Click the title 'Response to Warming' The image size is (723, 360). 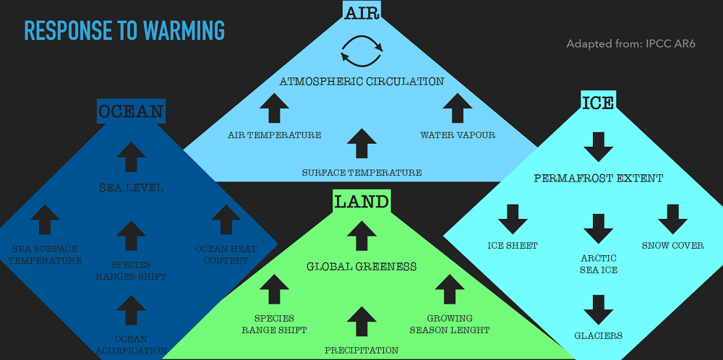[124, 30]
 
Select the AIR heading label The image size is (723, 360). [361, 12]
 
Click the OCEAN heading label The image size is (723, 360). [131, 111]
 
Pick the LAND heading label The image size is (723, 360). [361, 201]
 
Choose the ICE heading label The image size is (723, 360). [598, 103]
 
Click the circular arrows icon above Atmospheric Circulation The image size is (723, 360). [361, 53]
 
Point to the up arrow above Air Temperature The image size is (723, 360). [275, 108]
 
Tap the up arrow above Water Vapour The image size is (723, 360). [457, 108]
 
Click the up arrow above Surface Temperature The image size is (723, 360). [361, 143]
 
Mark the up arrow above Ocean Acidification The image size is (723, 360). [131, 309]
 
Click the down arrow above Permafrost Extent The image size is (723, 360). [598, 147]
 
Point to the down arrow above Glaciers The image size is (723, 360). [598, 309]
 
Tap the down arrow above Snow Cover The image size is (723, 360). [672, 219]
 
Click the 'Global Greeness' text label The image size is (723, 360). [361, 267]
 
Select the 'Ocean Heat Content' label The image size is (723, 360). [226, 254]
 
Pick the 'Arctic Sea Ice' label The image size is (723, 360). [599, 264]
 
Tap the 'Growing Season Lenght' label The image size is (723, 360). [450, 324]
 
